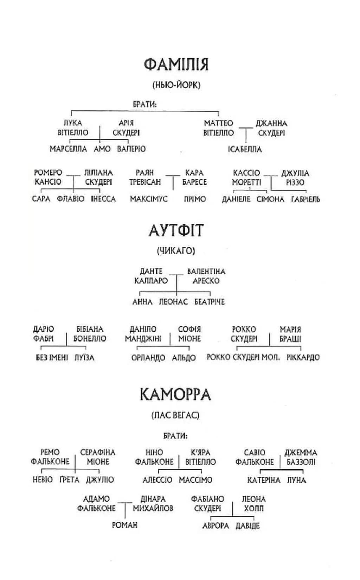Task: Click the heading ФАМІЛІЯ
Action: coord(176,65)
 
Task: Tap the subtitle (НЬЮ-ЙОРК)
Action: coord(176,85)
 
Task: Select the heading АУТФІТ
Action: coord(176,230)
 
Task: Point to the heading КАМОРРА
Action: coord(175,395)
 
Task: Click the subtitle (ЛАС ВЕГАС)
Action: coord(175,416)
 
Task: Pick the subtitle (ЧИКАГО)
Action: coord(176,250)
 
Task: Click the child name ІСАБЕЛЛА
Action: coord(245,149)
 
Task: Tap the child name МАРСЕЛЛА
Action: coord(68,149)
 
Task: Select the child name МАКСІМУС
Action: coord(149,199)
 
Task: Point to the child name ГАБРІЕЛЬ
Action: coord(306,199)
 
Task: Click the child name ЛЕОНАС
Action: coord(173,302)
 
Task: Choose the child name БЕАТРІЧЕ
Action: coord(210,302)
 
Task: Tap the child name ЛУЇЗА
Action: coord(84,358)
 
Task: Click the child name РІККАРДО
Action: coord(303,357)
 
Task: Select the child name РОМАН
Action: coord(125,525)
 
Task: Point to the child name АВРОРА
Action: coord(216,526)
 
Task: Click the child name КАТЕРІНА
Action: coord(264,480)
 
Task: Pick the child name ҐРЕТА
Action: coord(70,480)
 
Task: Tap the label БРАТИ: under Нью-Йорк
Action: coord(145,104)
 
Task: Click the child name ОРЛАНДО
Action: coord(148,358)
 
